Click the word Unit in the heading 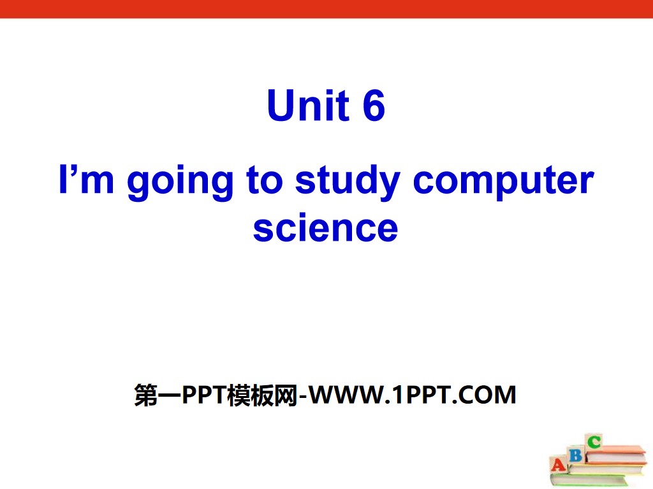click(307, 106)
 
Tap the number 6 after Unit click(374, 106)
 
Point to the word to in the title click(261, 181)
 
